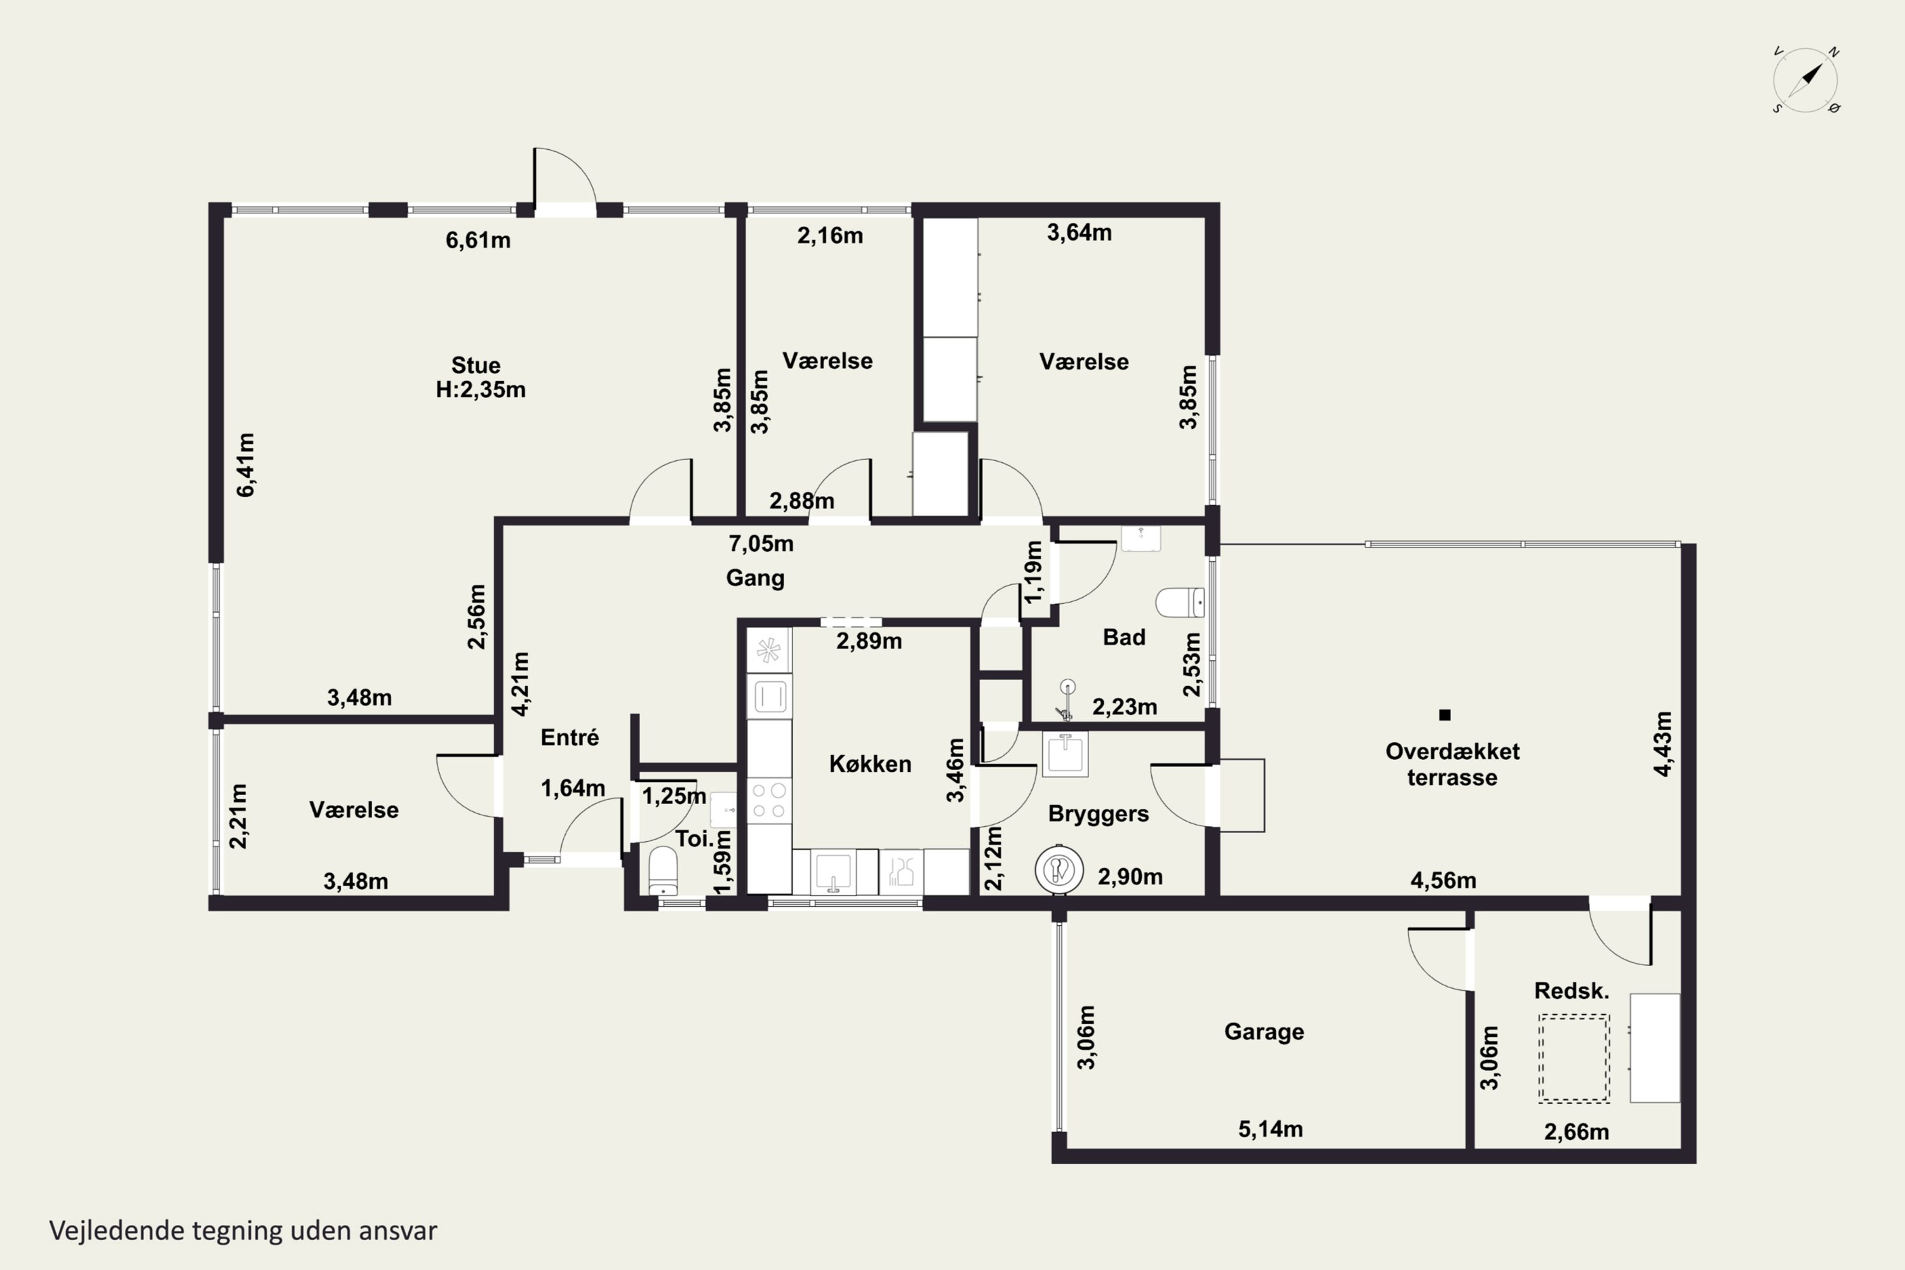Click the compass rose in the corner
tap(1805, 80)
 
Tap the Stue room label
tap(476, 365)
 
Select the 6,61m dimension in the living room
tap(478, 240)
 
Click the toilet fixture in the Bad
tap(1179, 603)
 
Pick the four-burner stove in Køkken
tap(768, 800)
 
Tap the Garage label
tap(1264, 1032)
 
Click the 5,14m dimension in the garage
tap(1270, 1129)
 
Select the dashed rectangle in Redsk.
tap(1574, 1058)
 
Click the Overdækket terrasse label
tap(1452, 764)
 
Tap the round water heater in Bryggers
tap(1059, 870)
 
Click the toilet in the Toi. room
tap(664, 871)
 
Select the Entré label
tap(570, 737)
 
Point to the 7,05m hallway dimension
tap(761, 544)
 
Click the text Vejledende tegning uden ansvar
tap(243, 1231)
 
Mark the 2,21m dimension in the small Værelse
tap(238, 815)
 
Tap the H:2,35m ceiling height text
tap(480, 390)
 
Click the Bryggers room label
tap(1099, 814)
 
